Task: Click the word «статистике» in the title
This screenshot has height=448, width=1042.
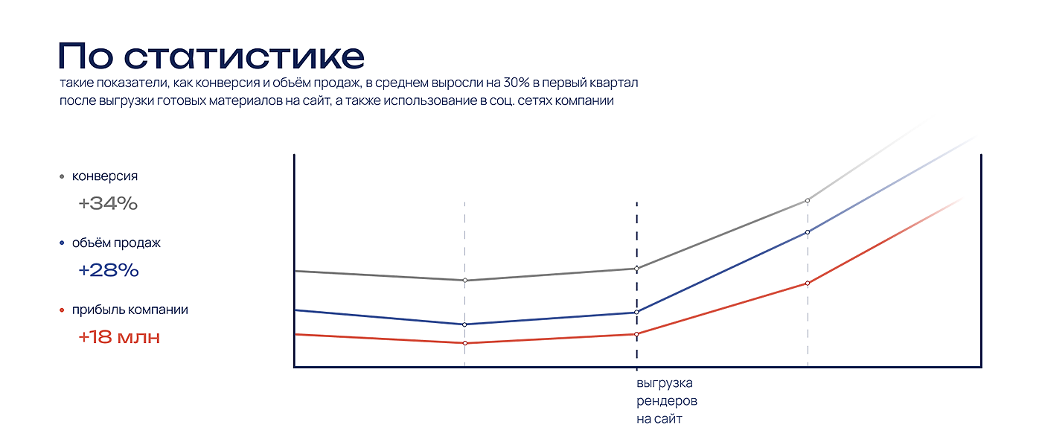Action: pos(243,57)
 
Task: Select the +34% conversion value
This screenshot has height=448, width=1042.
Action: pos(108,203)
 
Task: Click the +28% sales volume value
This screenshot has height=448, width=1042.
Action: pos(109,270)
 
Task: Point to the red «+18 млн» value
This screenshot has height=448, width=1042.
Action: pos(119,337)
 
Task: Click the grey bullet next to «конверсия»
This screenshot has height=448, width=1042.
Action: pos(61,177)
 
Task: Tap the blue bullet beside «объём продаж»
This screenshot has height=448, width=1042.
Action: pos(61,243)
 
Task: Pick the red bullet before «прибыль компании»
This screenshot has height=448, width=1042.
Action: pos(61,310)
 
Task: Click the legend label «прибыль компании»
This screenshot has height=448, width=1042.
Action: pos(130,310)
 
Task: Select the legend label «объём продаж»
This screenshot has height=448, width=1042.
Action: pos(116,243)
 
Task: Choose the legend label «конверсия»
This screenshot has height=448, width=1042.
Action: pos(105,176)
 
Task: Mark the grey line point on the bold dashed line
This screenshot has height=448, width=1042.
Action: pos(636,269)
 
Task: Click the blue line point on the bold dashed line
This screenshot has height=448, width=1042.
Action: pos(636,313)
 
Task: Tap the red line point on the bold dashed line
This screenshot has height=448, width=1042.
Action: pos(636,334)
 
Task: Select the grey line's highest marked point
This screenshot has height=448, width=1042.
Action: pos(808,200)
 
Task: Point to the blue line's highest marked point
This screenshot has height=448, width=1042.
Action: pos(808,232)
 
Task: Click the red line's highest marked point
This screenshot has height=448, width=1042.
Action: pos(808,283)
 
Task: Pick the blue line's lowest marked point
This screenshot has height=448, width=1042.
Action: pos(464,324)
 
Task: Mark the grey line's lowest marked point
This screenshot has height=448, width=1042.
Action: pos(464,281)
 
